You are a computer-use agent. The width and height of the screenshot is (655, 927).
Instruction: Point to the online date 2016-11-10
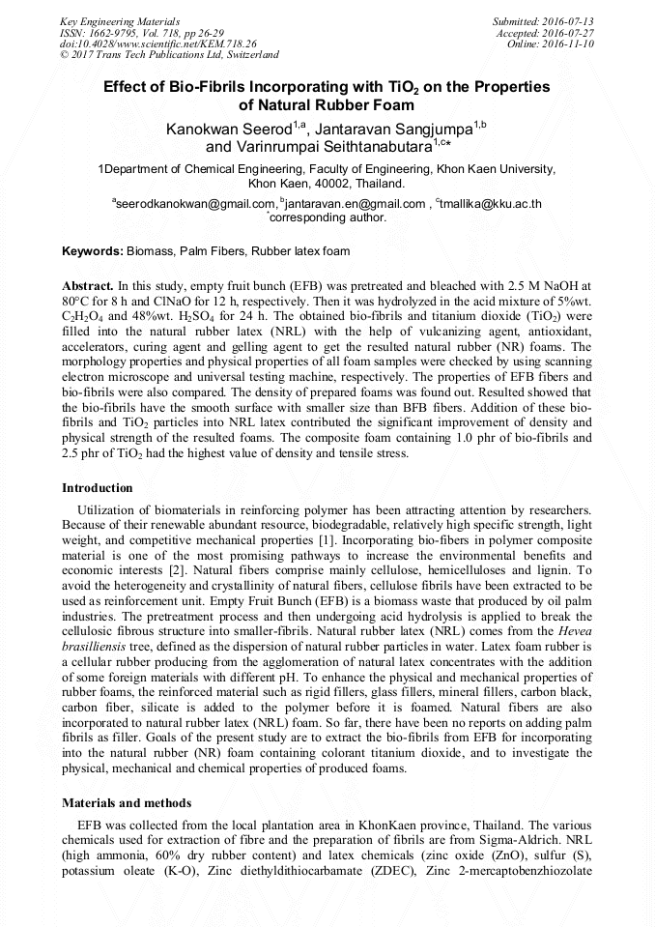[573, 43]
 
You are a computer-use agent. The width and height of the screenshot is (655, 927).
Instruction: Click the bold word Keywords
[93, 251]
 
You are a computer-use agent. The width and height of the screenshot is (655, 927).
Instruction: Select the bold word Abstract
[87, 288]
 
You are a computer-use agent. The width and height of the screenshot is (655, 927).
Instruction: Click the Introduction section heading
[98, 488]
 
